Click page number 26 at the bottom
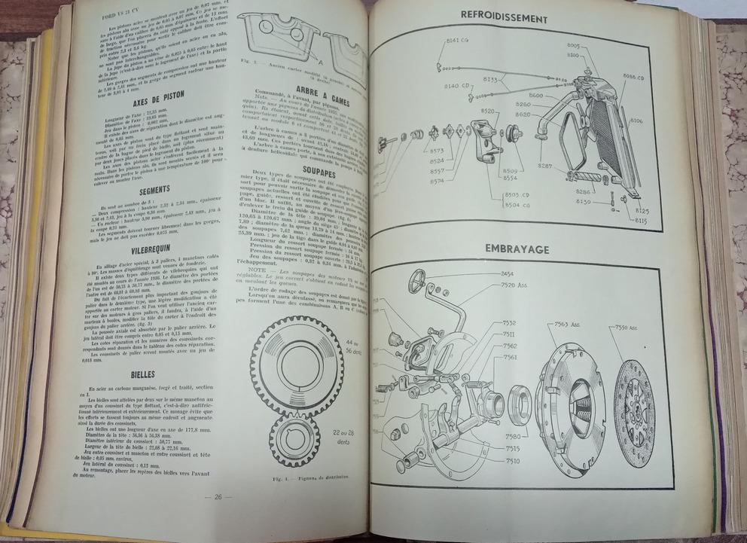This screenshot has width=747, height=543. (x=218, y=496)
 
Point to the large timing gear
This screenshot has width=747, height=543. (x=297, y=366)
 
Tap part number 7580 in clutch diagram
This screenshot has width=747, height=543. (x=513, y=435)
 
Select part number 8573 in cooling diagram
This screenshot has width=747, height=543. (x=438, y=150)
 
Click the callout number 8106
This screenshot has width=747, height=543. (x=636, y=120)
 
